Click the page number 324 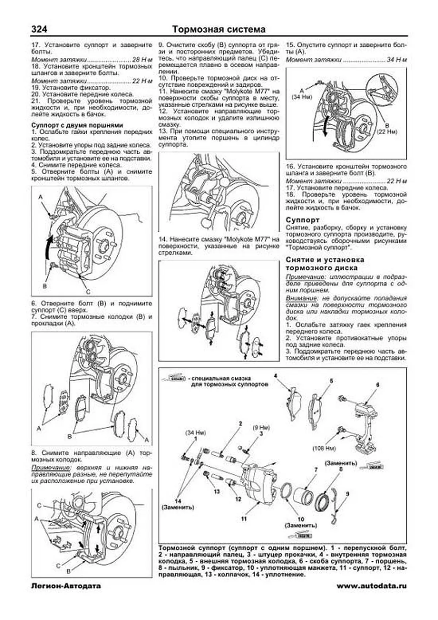(39, 29)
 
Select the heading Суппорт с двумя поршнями (77, 125)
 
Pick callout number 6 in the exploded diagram (378, 385)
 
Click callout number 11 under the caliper (244, 518)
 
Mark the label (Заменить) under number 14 (178, 507)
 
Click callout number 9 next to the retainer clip (347, 494)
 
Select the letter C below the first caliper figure (88, 292)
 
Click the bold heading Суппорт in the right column (303, 220)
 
